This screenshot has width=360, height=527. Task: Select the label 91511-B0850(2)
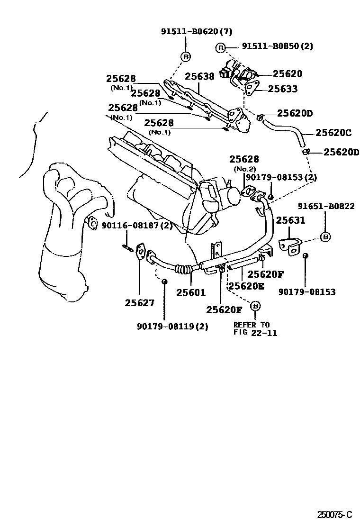coord(277,46)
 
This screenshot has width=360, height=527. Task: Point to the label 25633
coord(283,89)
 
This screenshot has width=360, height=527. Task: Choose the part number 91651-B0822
coord(326,206)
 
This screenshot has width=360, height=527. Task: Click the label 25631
coord(291,220)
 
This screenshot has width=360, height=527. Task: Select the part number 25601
coord(191,293)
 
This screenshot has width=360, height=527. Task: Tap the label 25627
coord(140,302)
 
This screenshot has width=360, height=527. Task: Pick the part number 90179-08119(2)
coord(172,326)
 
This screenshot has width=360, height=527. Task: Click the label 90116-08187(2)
coord(137,226)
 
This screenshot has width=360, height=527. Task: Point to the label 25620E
coord(246,286)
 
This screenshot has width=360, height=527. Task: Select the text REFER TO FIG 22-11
coord(255,328)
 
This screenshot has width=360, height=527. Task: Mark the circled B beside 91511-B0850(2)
coord(220,47)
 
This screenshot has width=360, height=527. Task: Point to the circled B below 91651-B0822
coord(325,237)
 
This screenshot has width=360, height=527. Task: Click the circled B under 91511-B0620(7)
coord(186,57)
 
